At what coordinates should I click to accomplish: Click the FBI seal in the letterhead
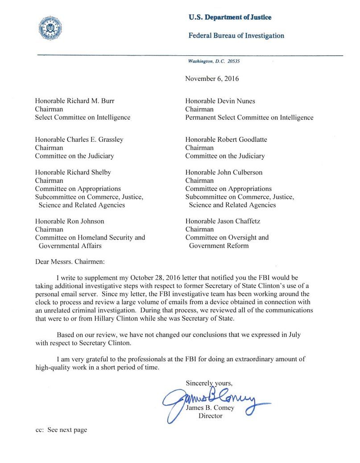pyautogui.click(x=50, y=28)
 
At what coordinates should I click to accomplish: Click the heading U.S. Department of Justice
pyautogui.click(x=230, y=17)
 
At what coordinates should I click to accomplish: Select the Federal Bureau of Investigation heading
pyautogui.click(x=236, y=36)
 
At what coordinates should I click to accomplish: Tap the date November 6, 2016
pyautogui.click(x=212, y=79)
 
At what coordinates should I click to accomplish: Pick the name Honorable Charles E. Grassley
pyautogui.click(x=79, y=140)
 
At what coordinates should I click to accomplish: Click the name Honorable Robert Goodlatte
pyautogui.click(x=226, y=140)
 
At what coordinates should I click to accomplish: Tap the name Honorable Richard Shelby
pyautogui.click(x=73, y=172)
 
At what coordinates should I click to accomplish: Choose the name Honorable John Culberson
pyautogui.click(x=224, y=172)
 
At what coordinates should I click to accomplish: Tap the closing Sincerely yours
pyautogui.click(x=209, y=383)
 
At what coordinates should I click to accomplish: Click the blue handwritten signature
pyautogui.click(x=214, y=398)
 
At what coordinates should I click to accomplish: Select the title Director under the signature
pyautogui.click(x=211, y=416)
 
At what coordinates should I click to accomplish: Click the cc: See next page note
pyautogui.click(x=61, y=430)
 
